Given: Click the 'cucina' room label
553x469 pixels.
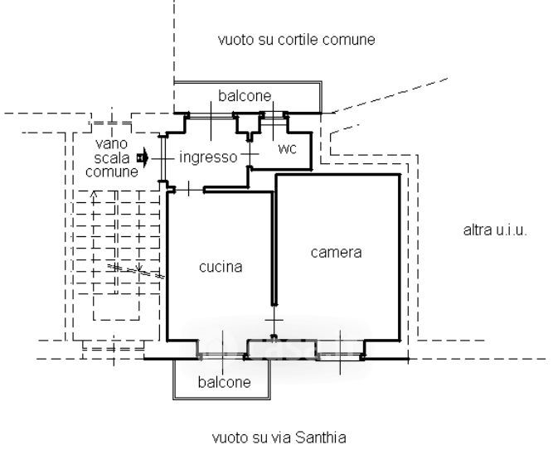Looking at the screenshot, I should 221,267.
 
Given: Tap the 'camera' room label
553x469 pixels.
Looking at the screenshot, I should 336,252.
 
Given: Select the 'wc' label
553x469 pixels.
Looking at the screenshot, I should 287,149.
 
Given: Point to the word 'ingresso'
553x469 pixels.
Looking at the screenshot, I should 208,157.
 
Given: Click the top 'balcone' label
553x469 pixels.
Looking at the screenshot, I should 245,96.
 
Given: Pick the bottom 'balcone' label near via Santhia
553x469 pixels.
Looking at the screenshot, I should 224,382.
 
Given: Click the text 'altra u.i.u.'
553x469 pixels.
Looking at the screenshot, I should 494,230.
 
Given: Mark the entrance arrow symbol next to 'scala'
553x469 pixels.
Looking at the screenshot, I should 143,156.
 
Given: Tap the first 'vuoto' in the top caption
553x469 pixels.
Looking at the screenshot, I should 235,39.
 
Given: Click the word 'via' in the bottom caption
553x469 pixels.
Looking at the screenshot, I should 284,437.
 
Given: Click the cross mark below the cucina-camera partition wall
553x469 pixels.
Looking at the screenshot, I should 274,320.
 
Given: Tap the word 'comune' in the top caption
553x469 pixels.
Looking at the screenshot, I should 352,39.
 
